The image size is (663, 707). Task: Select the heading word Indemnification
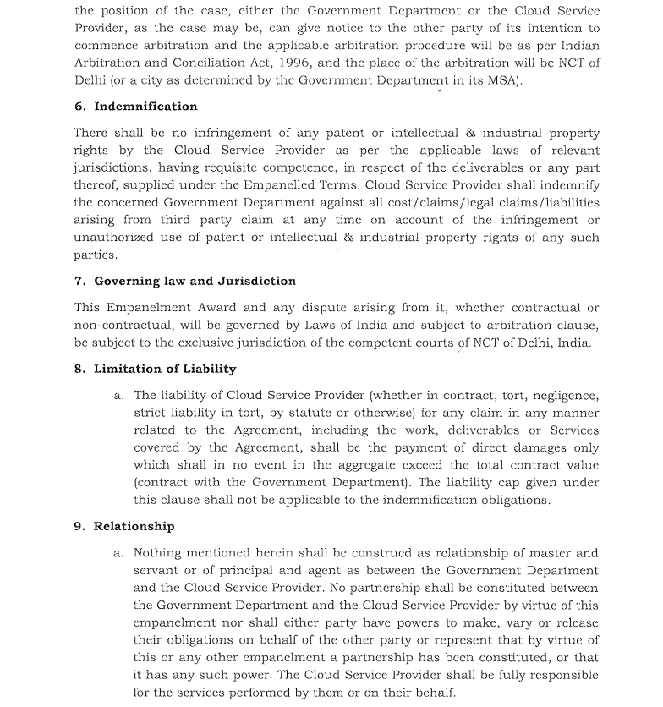click(145, 107)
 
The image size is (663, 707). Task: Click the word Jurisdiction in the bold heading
click(259, 281)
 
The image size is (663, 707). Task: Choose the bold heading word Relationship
click(134, 526)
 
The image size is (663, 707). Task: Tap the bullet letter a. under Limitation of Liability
click(118, 396)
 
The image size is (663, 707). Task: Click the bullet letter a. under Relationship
click(118, 553)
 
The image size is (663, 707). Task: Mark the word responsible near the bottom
click(556, 675)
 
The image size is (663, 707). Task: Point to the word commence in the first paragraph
click(107, 45)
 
